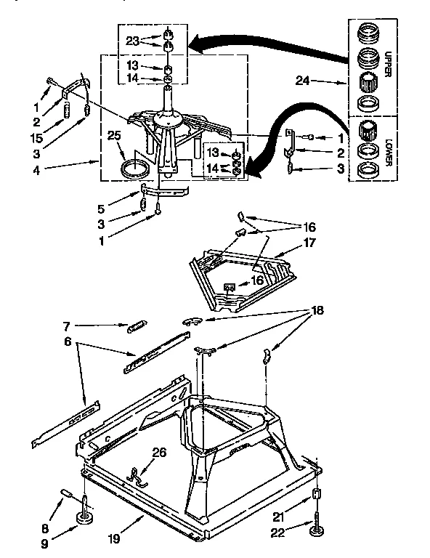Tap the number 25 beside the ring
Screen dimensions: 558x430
tap(114, 136)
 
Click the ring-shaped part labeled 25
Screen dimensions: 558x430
tap(133, 171)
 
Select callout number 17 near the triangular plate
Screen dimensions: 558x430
tap(309, 243)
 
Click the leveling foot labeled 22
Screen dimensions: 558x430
tap(318, 533)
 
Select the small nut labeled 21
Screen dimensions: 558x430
tap(316, 496)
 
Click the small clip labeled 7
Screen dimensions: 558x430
tap(137, 328)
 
